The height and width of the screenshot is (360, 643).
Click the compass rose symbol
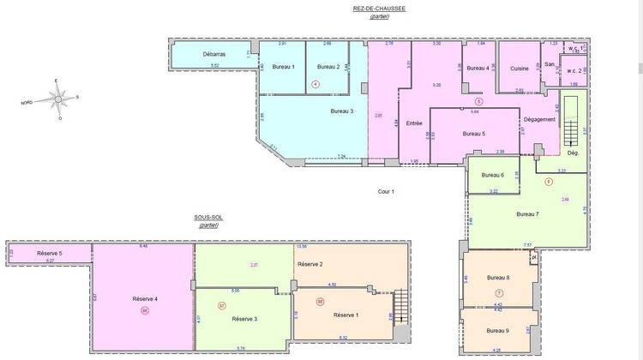57,99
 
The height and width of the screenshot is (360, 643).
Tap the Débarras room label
214,55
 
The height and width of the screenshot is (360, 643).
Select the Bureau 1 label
283,67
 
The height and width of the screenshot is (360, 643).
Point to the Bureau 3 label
342,111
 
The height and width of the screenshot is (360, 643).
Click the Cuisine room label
520,69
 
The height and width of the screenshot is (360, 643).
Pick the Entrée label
414,123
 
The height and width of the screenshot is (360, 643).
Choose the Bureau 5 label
473,134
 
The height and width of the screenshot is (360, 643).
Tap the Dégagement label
539,119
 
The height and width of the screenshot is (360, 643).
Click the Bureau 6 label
491,175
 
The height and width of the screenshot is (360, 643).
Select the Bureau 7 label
527,213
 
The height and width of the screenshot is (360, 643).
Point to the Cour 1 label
386,191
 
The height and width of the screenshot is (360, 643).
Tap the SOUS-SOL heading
208,219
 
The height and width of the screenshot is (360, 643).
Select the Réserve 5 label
50,254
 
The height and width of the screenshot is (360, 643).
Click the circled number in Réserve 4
145,311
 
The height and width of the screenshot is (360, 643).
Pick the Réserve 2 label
309,264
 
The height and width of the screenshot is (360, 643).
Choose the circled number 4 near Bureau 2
315,84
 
